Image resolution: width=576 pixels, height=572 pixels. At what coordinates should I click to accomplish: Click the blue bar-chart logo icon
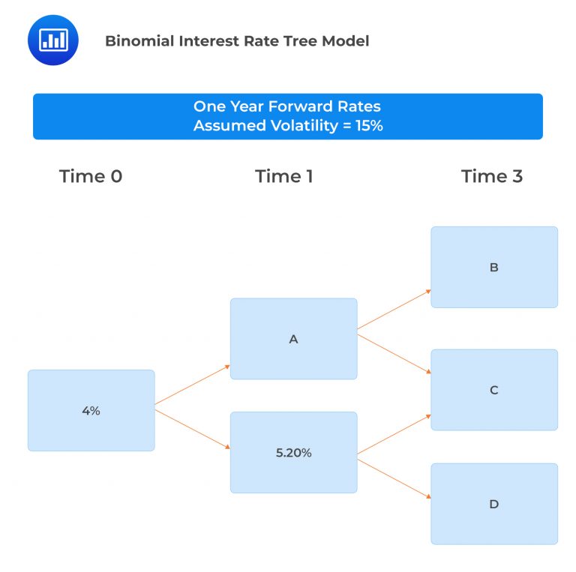(x=54, y=40)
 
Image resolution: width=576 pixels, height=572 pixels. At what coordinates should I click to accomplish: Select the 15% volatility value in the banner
(x=368, y=126)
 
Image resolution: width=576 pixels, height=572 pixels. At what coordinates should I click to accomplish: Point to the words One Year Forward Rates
(x=287, y=106)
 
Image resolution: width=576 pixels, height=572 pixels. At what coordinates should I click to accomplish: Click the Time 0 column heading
(x=91, y=176)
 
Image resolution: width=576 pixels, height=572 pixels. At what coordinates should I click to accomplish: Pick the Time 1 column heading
(x=284, y=176)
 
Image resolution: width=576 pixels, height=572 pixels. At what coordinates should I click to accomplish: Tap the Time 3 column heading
(x=492, y=176)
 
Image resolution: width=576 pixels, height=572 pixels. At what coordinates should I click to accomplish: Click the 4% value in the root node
(x=91, y=411)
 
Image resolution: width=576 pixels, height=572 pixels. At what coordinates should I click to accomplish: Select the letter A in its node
(x=293, y=339)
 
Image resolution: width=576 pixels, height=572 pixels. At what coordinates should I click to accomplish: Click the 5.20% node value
(x=293, y=453)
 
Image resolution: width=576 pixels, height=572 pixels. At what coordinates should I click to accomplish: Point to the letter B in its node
(x=493, y=268)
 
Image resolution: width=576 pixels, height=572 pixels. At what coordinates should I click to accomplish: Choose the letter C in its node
(x=493, y=390)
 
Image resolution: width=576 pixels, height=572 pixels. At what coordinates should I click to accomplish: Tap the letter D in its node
(x=493, y=504)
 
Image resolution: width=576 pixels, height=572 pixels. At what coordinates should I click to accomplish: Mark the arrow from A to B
(x=394, y=309)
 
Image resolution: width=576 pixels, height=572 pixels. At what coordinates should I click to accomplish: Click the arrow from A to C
(x=394, y=354)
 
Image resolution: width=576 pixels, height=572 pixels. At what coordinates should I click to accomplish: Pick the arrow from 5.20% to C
(x=394, y=433)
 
